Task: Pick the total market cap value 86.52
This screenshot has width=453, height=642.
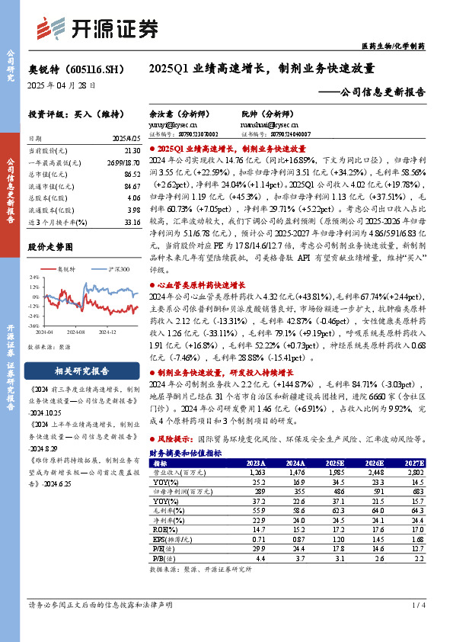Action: click(130, 175)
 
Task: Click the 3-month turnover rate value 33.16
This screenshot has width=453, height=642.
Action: click(130, 223)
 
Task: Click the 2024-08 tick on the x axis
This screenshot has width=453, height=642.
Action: click(75, 332)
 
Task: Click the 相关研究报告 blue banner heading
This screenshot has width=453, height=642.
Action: click(81, 371)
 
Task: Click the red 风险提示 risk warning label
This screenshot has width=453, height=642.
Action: click(172, 440)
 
